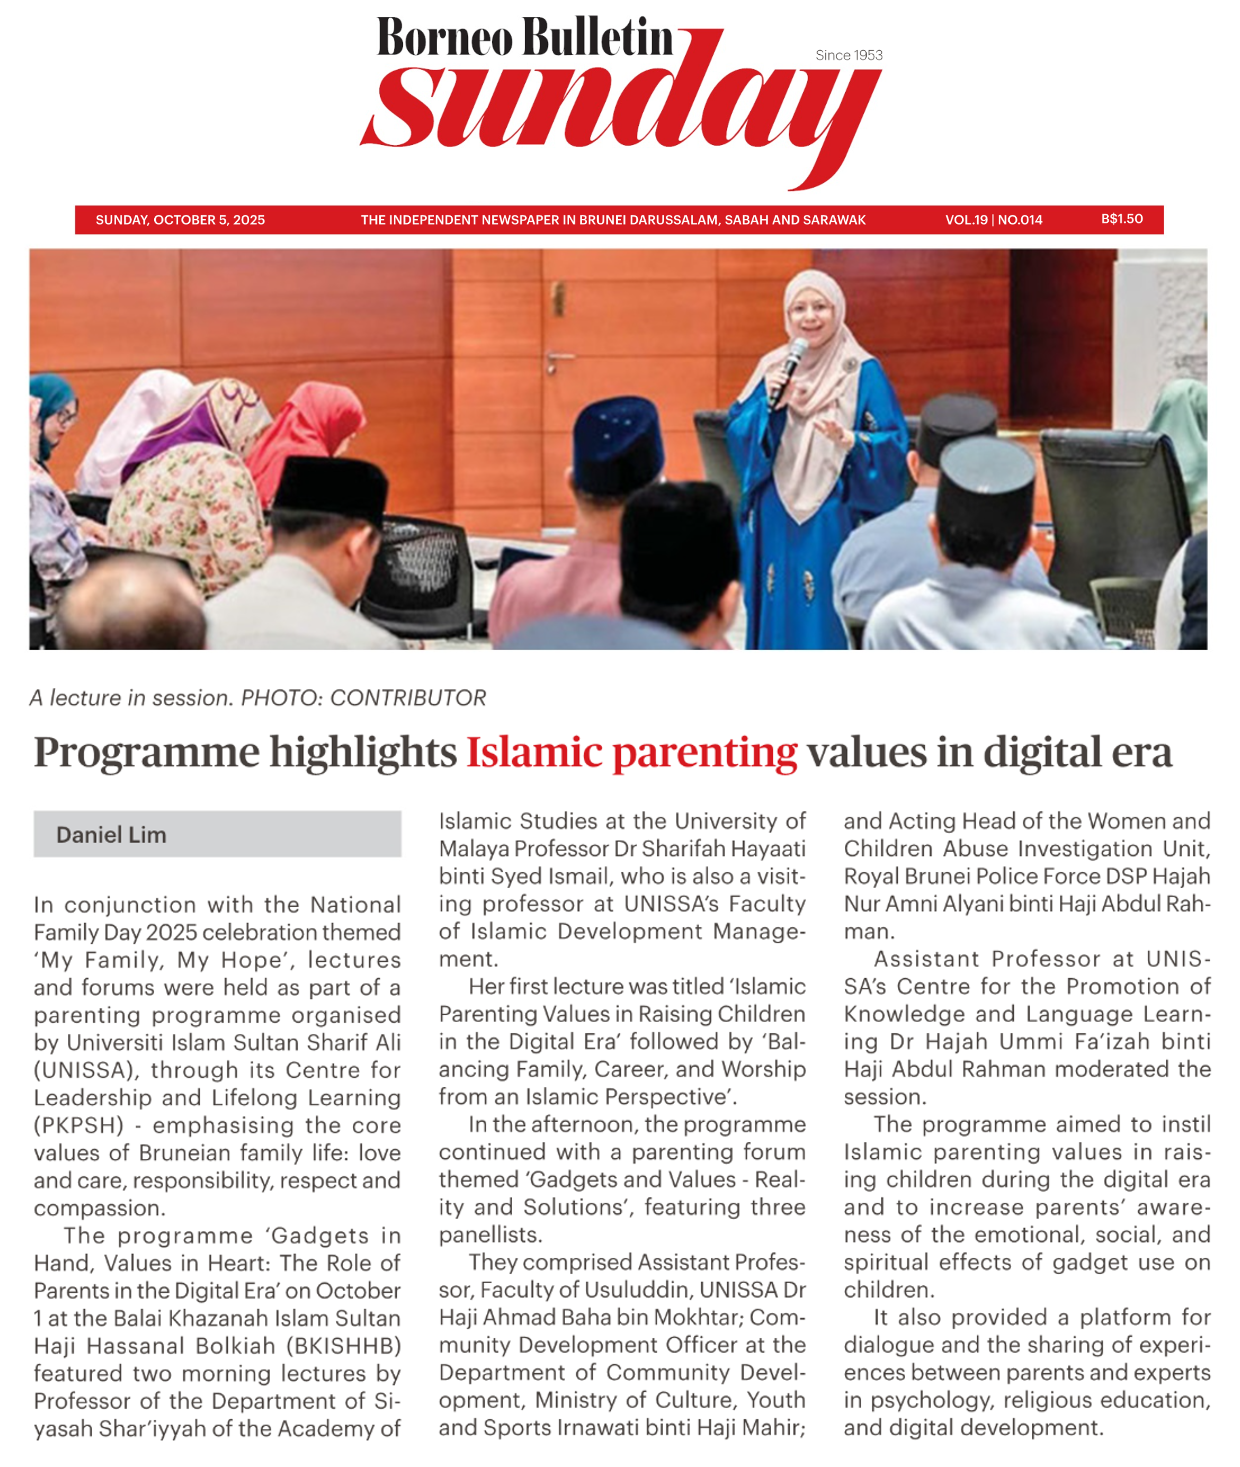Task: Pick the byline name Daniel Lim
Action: pos(111,835)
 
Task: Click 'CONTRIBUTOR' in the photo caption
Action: pos(408,698)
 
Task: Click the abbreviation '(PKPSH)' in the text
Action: pos(79,1125)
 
